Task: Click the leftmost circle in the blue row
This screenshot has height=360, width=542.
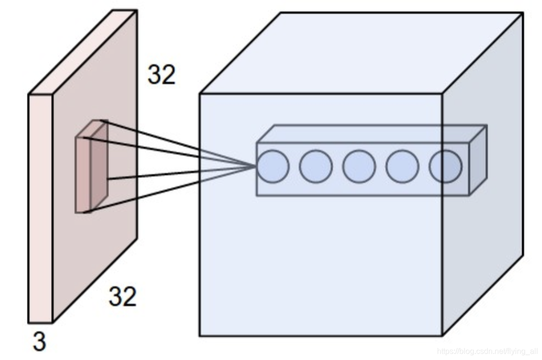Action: click(273, 166)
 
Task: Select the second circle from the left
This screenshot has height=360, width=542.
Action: click(316, 166)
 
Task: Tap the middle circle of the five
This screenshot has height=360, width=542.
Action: click(359, 166)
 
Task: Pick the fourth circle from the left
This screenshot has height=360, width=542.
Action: click(402, 166)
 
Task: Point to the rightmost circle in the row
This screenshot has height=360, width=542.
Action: click(445, 166)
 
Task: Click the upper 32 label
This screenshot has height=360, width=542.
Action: click(161, 75)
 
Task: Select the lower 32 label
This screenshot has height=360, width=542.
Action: click(122, 296)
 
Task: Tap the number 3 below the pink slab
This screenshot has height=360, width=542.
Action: click(39, 342)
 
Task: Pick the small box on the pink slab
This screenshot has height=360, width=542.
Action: click(91, 167)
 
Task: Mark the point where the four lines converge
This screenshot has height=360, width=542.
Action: click(255, 167)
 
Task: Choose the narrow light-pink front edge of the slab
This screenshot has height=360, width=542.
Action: click(40, 208)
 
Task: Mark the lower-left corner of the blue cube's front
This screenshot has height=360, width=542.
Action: click(200, 335)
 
